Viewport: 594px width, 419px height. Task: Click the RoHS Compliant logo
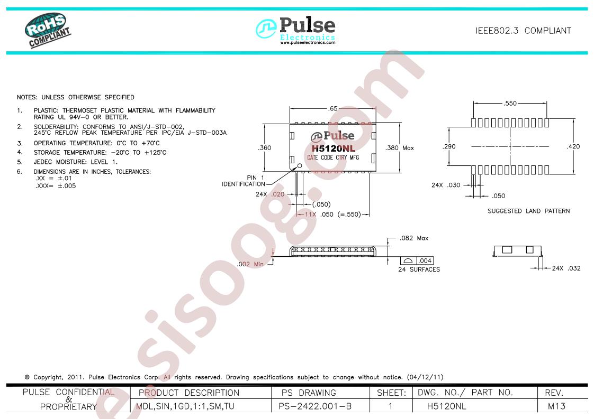pos(48,30)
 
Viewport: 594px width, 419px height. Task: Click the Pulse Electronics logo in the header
pos(295,30)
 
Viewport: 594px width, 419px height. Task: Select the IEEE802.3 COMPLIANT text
pos(523,31)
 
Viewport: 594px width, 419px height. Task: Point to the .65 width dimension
pos(333,108)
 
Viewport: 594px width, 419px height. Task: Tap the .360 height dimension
pos(264,148)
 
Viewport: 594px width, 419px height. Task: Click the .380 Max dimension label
pos(400,148)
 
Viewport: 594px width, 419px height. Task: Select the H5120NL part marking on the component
pos(334,148)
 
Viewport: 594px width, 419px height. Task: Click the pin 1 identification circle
pos(300,165)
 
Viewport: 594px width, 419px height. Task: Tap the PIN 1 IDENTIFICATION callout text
pos(244,181)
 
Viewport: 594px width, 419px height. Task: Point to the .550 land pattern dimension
pos(510,103)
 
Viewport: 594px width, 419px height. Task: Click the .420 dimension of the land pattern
pos(573,147)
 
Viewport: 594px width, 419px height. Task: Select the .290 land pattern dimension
pos(449,147)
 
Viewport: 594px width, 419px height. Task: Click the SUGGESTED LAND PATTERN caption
pos(528,211)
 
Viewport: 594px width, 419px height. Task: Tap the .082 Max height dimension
pos(414,238)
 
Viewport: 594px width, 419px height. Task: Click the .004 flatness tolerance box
pos(425,260)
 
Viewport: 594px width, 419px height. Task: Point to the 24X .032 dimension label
pos(566,268)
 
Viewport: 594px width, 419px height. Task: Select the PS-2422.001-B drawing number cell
pos(315,406)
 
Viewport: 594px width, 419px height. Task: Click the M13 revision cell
pos(556,406)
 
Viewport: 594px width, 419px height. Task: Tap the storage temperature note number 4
pos(20,152)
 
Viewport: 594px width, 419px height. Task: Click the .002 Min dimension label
pos(250,264)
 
